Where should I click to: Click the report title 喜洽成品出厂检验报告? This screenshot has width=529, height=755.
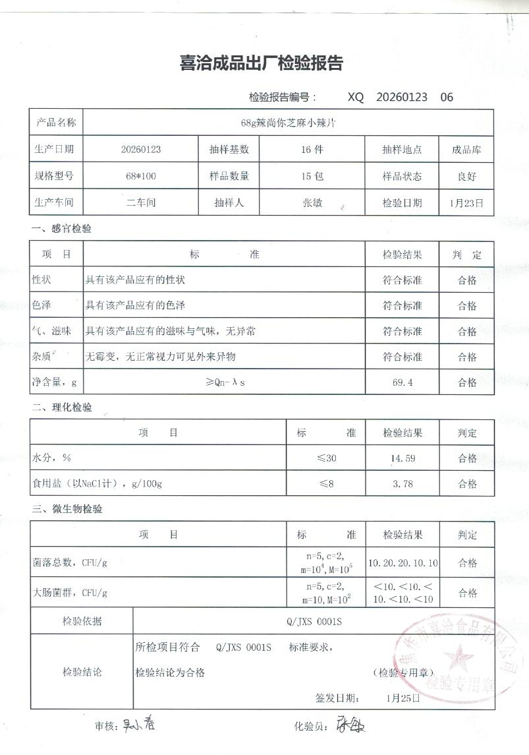coord(262,64)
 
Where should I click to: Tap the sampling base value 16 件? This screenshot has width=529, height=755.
coord(312,150)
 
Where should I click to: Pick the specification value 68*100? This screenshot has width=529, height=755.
coord(140,177)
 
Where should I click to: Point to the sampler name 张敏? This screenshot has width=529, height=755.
coord(312,203)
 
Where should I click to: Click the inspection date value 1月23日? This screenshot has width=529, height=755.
coord(466,203)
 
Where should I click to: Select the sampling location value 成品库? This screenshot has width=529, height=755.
coord(466,150)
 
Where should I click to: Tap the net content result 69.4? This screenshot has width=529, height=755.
coord(402,382)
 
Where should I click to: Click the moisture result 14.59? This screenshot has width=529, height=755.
coord(402,458)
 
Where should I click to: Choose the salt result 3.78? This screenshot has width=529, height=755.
coord(402,484)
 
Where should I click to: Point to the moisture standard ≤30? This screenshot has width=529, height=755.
coord(327,458)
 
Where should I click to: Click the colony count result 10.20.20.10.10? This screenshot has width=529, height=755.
coord(402,563)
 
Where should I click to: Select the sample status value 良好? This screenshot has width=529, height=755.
coord(466,177)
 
